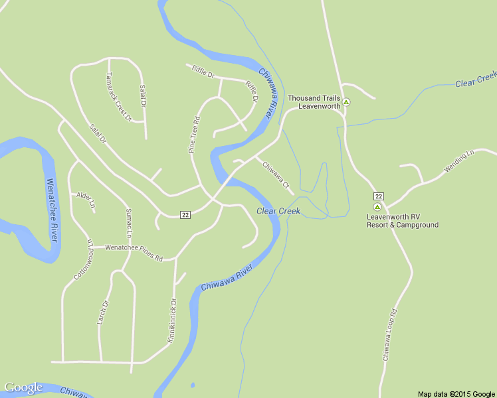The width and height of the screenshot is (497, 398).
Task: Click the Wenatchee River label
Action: (52, 209)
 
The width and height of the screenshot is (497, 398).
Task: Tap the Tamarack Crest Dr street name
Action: (119, 96)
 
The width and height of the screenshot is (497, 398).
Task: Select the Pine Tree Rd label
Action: (194, 135)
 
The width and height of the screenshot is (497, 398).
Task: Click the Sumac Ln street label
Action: (128, 224)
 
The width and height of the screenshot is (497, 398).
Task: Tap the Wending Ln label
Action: (460, 162)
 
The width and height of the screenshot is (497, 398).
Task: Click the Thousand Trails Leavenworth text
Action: (314, 102)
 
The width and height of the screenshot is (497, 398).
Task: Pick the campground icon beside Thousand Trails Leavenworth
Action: (346, 102)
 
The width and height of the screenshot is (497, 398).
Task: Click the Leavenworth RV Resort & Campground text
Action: (402, 220)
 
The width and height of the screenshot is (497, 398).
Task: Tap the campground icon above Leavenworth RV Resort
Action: (377, 207)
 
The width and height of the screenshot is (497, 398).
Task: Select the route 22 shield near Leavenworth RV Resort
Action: (378, 196)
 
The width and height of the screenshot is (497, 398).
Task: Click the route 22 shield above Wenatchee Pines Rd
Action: (185, 214)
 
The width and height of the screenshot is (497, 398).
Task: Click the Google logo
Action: (23, 387)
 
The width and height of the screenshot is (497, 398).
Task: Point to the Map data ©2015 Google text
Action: (456, 394)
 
